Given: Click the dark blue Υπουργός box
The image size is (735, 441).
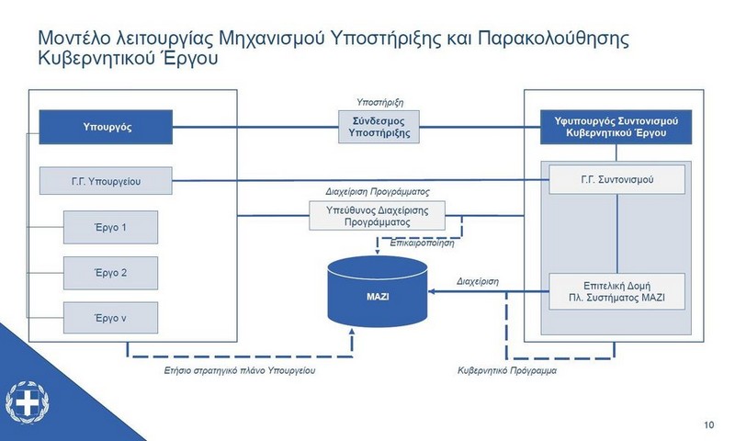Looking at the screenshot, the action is pyautogui.click(x=106, y=127).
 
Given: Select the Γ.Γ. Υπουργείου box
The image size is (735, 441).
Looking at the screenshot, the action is pyautogui.click(x=106, y=181).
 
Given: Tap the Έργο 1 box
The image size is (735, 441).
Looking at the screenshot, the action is pyautogui.click(x=110, y=227).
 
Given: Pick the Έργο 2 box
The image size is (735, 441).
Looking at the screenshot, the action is pyautogui.click(x=110, y=273).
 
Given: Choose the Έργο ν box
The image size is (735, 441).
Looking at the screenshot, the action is pyautogui.click(x=110, y=318).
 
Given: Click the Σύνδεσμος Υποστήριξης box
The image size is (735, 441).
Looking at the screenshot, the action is pyautogui.click(x=379, y=127).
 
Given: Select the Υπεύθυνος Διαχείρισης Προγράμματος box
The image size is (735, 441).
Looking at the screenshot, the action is pyautogui.click(x=377, y=216).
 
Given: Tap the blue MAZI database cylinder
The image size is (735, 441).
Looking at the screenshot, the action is pyautogui.click(x=378, y=291).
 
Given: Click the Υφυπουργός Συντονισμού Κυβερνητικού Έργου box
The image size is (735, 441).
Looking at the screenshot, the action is pyautogui.click(x=616, y=127).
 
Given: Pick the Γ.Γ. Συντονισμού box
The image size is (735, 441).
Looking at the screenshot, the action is pyautogui.click(x=616, y=179).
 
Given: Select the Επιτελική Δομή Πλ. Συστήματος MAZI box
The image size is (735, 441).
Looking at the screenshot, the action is pyautogui.click(x=616, y=291).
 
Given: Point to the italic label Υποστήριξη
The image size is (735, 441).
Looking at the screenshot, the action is pyautogui.click(x=379, y=102).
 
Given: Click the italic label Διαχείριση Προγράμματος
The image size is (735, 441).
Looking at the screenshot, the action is pyautogui.click(x=378, y=192).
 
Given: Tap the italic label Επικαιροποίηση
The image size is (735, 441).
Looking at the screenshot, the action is pyautogui.click(x=422, y=243).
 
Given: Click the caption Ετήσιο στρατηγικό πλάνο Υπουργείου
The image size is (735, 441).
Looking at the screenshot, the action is pyautogui.click(x=240, y=370).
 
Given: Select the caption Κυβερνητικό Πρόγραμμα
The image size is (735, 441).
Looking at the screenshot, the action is pyautogui.click(x=507, y=370).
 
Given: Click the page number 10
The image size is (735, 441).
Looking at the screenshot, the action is pyautogui.click(x=708, y=424).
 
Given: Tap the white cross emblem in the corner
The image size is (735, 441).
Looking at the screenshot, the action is pyautogui.click(x=28, y=402).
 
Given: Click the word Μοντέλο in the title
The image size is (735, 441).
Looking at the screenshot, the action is pyautogui.click(x=74, y=38).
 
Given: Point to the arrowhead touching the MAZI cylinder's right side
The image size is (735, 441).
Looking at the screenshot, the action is pyautogui.click(x=432, y=291).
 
